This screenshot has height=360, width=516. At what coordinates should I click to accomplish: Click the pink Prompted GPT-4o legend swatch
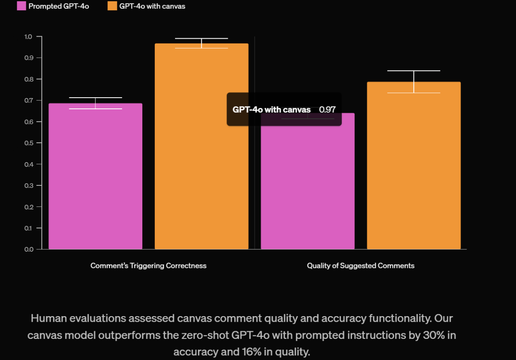click(21, 6)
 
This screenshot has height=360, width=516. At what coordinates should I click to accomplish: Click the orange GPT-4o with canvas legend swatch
click(112, 6)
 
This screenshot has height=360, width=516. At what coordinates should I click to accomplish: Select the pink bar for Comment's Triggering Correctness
click(95, 176)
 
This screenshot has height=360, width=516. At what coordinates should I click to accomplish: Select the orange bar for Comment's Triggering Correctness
click(201, 146)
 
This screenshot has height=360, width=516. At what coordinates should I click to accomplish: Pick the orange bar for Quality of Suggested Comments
click(414, 166)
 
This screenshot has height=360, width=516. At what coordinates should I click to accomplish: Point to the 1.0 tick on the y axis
click(28, 37)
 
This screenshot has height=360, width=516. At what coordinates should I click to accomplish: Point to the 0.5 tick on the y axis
click(28, 143)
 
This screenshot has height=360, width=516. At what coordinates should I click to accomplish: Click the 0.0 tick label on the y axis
click(28, 249)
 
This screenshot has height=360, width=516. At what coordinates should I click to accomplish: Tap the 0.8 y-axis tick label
click(28, 79)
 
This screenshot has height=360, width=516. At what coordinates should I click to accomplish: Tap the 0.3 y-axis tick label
click(28, 185)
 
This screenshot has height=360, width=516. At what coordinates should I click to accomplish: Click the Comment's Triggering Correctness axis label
click(148, 266)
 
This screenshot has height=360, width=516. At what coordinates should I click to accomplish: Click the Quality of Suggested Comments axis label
click(360, 266)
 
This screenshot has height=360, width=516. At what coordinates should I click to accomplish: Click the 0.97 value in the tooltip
click(327, 110)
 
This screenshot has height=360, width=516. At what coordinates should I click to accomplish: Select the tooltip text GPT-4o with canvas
click(271, 110)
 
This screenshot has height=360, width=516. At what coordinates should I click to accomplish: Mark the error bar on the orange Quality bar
click(414, 82)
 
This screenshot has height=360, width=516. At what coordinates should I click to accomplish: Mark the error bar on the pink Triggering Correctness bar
click(95, 103)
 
